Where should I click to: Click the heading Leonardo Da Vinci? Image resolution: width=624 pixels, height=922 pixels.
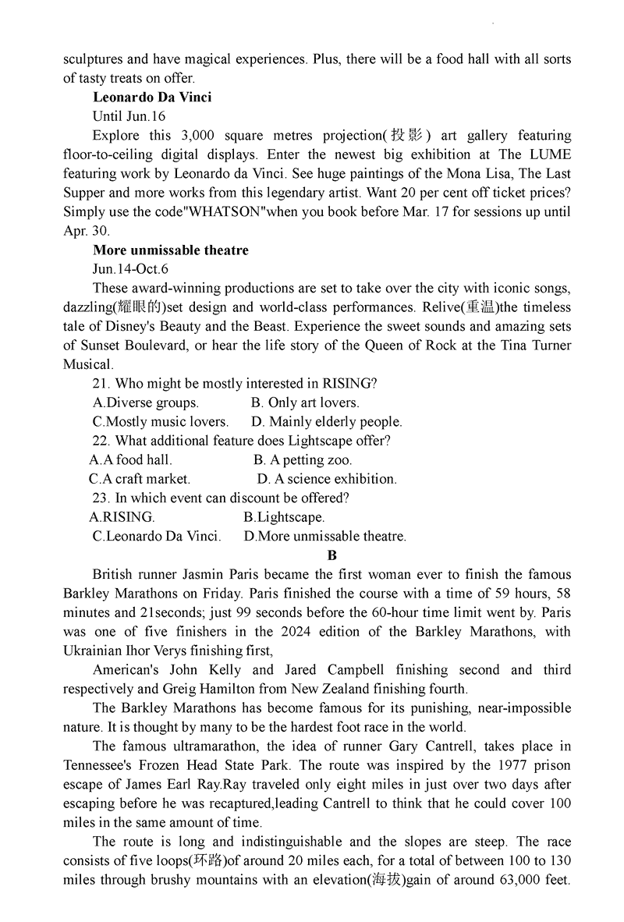pos(152,98)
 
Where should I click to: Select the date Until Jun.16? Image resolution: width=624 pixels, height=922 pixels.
pos(129,116)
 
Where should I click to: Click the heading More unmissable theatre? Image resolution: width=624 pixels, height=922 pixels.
pos(171,250)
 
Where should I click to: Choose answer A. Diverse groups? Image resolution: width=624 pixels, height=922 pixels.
pos(146,402)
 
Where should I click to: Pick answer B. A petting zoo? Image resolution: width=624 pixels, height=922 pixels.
pos(303,460)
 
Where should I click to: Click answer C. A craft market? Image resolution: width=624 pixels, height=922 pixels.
pos(140,479)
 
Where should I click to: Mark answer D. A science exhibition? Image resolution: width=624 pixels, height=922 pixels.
pos(327,479)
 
